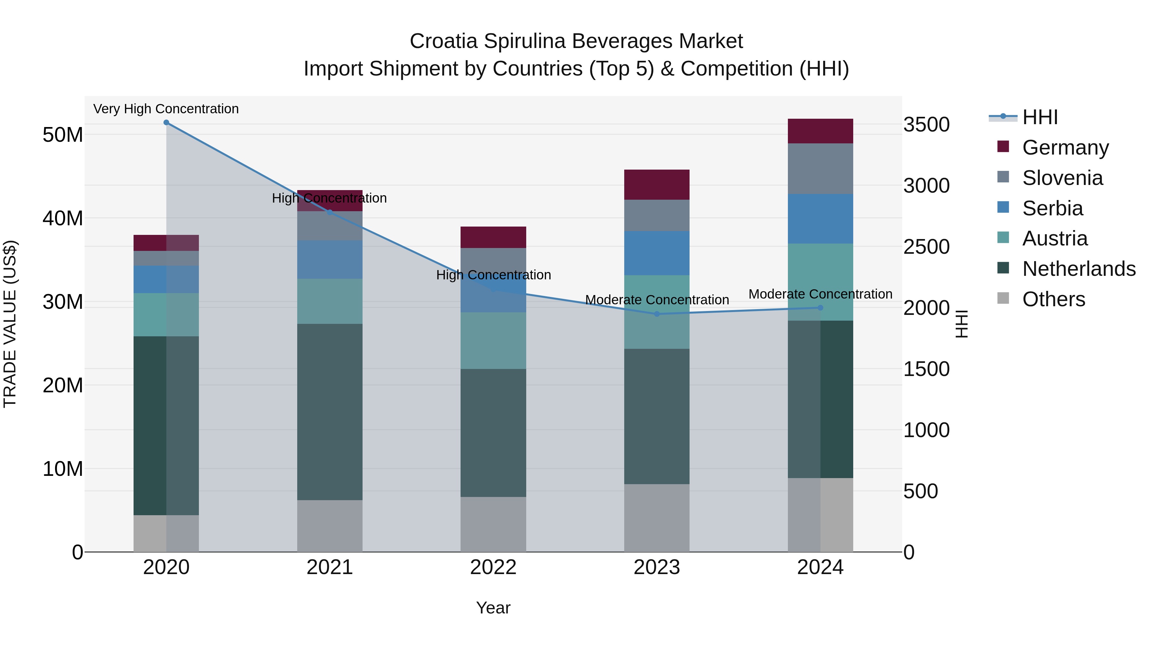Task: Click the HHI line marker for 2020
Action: (x=166, y=123)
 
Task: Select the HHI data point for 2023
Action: (x=657, y=314)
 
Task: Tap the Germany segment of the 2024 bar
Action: (x=820, y=131)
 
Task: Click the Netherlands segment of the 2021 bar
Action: (x=330, y=412)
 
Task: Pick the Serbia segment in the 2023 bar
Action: (x=657, y=253)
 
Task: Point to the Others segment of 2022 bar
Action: (x=493, y=524)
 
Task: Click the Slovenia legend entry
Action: (x=1062, y=178)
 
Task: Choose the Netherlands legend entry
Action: (x=1078, y=269)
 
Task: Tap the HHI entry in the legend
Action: (x=1039, y=117)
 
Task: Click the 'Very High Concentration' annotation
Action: (x=166, y=109)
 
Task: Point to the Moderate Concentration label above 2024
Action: (x=820, y=294)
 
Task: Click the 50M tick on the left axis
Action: (x=63, y=135)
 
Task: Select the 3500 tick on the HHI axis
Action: (x=926, y=124)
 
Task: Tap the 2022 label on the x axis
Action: (x=493, y=567)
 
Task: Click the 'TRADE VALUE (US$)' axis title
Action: (x=10, y=324)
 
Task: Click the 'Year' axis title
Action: (x=493, y=608)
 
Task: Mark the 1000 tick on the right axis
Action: (x=926, y=430)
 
